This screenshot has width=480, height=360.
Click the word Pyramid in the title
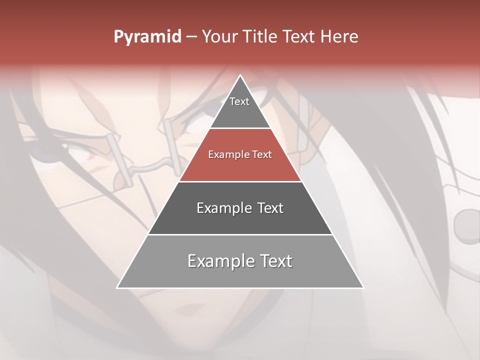pyautogui.click(x=147, y=37)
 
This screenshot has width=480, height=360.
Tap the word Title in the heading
pyautogui.click(x=262, y=37)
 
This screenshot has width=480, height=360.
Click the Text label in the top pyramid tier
pyautogui.click(x=239, y=101)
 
